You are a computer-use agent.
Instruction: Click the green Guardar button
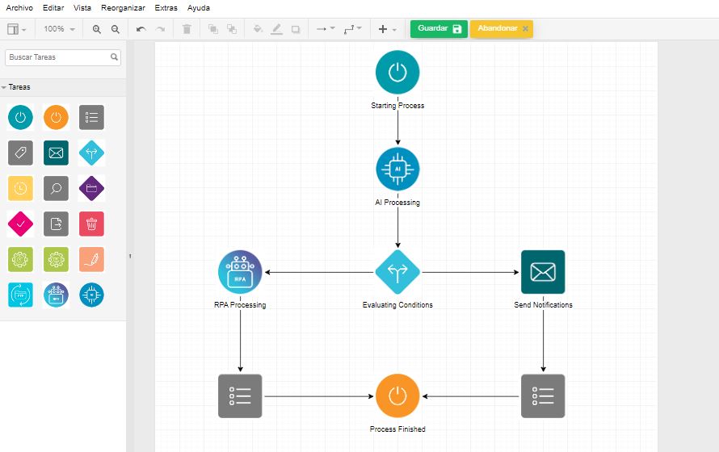439,28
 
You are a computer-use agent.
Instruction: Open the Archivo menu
19,8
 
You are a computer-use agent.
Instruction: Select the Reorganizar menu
123,8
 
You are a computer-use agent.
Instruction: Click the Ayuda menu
199,8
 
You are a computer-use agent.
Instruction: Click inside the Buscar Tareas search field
58,57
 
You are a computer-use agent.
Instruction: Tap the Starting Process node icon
397,72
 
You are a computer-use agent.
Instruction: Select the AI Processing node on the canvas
397,169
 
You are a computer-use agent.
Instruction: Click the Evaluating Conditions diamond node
397,272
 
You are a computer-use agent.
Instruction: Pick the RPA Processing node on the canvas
240,272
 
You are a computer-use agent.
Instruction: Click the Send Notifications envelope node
543,272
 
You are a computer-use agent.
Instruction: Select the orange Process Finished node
397,396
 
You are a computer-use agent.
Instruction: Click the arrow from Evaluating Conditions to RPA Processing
319,272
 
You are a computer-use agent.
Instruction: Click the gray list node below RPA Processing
240,396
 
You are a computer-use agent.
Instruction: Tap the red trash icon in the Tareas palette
92,224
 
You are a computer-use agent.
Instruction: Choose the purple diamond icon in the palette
92,188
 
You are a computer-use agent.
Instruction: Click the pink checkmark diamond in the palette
21,224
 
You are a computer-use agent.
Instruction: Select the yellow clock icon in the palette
21,188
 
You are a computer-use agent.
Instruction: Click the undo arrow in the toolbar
141,29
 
